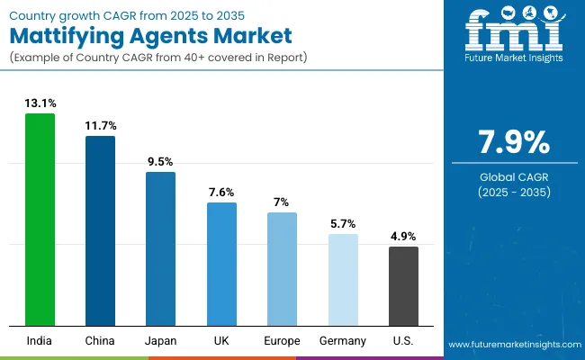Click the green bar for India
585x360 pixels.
(40, 220)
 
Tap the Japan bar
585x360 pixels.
(161, 248)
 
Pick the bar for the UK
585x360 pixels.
(221, 264)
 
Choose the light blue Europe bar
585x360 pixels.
(282, 269)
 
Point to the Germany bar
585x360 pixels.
(343, 280)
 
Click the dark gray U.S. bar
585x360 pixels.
(403, 286)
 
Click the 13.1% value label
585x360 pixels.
(40, 103)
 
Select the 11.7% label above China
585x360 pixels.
(100, 126)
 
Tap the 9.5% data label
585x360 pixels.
(161, 162)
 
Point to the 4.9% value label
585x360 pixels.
(403, 237)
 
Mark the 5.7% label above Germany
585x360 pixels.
(343, 224)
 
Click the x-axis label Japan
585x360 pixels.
(161, 340)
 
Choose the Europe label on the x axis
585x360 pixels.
(282, 340)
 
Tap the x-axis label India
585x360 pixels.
(40, 340)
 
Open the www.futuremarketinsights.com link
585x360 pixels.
(511, 346)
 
